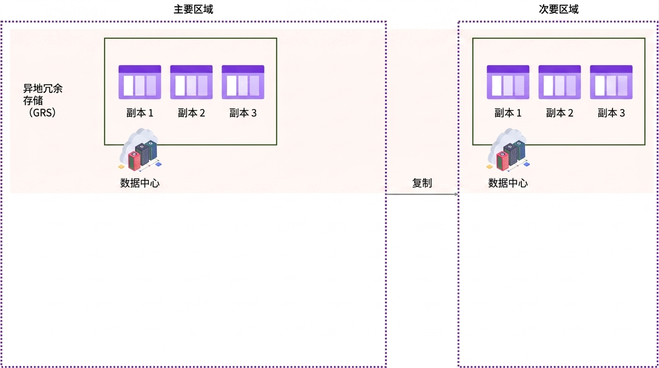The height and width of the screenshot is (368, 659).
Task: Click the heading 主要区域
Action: pyautogui.click(x=193, y=10)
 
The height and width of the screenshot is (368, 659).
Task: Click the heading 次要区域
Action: pyautogui.click(x=558, y=10)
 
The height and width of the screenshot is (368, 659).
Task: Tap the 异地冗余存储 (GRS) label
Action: pyautogui.click(x=43, y=101)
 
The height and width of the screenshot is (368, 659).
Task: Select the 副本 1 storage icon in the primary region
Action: pyautogui.click(x=140, y=82)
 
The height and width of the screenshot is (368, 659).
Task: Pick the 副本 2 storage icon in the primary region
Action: pyautogui.click(x=191, y=82)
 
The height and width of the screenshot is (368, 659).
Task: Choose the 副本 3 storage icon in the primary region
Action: pyautogui.click(x=243, y=82)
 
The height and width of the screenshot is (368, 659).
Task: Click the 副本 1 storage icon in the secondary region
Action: pyautogui.click(x=508, y=82)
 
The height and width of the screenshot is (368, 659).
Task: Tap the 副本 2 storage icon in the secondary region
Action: pyautogui.click(x=560, y=82)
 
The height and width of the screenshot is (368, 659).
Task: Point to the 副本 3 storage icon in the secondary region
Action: pyautogui.click(x=611, y=82)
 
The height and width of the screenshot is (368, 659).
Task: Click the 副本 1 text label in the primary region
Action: pyautogui.click(x=140, y=113)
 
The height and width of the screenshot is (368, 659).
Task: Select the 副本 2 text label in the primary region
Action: pyautogui.click(x=191, y=113)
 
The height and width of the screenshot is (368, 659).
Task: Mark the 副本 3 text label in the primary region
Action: pyautogui.click(x=243, y=113)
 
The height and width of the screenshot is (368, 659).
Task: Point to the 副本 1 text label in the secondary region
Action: pyautogui.click(x=508, y=113)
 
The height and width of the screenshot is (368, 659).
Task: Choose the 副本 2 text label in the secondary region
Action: pyautogui.click(x=560, y=113)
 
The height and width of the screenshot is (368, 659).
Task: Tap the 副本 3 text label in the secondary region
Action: pyautogui.click(x=611, y=113)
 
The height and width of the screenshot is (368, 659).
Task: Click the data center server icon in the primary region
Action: pyautogui.click(x=140, y=150)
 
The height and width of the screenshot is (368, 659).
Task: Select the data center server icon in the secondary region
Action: pyautogui.click(x=508, y=150)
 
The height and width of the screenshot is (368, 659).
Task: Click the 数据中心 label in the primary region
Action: pyautogui.click(x=140, y=183)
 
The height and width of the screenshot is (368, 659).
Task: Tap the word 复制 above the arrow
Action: pyautogui.click(x=422, y=183)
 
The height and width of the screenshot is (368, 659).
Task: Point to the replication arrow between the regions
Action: pyautogui.click(x=422, y=194)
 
